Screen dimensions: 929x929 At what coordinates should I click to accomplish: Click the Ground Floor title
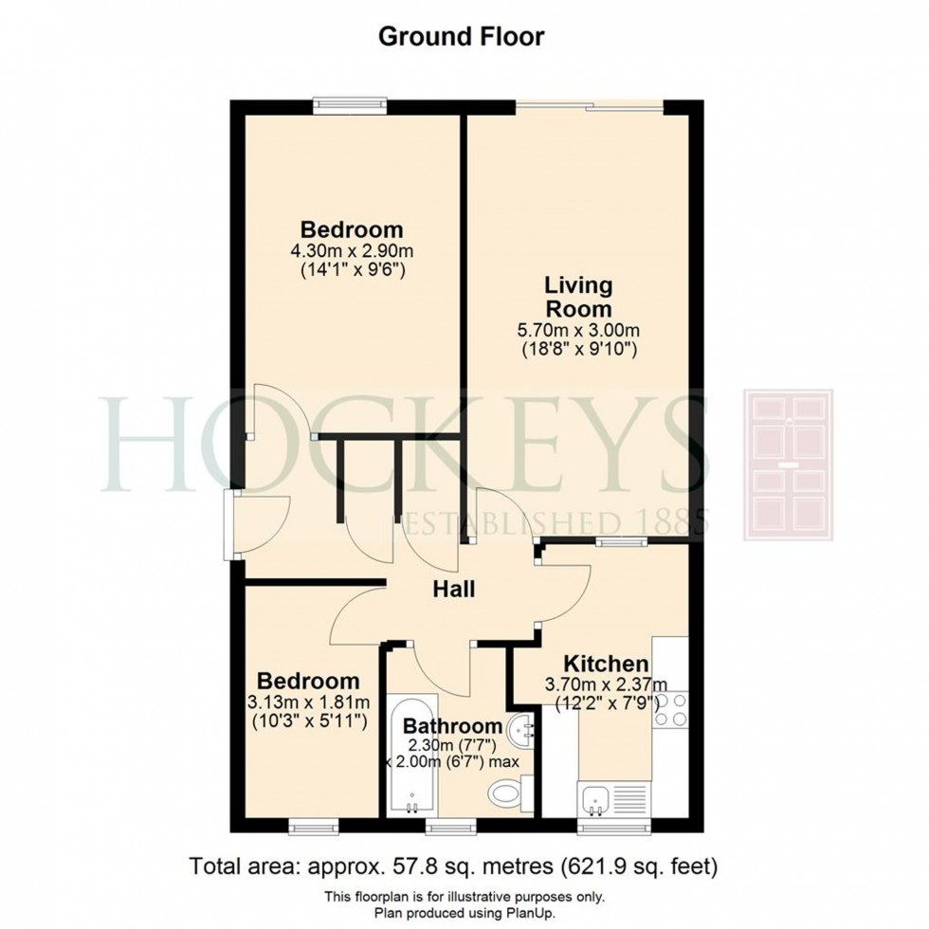462,37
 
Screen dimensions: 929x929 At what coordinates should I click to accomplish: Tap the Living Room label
577,297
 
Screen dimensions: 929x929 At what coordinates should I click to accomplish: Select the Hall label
454,589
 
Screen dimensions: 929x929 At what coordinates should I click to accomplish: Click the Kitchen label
607,664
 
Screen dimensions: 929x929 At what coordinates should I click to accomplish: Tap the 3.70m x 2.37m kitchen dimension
608,684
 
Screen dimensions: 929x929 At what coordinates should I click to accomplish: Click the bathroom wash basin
519,732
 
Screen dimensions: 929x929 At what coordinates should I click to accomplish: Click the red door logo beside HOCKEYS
788,464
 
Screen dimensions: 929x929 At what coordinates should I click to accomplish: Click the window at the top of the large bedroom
352,104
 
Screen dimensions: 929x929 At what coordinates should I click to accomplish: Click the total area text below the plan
454,865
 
